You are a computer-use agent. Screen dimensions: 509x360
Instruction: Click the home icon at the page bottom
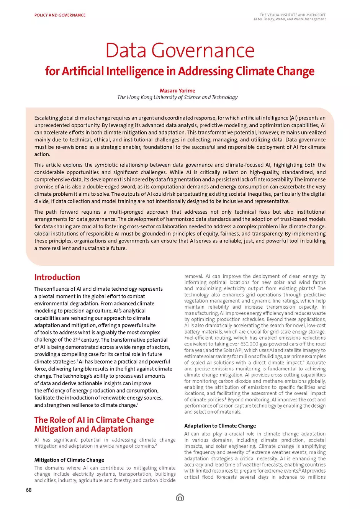[180, 497]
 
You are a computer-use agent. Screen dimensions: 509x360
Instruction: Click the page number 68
[29, 490]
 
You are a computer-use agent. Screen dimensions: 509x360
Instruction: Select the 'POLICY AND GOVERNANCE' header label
[60, 15]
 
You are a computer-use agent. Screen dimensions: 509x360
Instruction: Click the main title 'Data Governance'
[180, 50]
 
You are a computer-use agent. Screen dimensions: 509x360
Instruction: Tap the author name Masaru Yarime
[177, 91]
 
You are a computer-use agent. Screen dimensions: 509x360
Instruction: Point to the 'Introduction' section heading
[57, 277]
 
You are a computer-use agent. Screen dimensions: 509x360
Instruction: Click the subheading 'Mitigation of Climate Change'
[69, 460]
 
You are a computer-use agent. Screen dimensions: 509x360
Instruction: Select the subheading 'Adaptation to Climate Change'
[220, 426]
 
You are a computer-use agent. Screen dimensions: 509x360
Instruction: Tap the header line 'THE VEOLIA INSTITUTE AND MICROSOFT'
[293, 15]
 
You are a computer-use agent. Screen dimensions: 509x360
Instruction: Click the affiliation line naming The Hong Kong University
[177, 97]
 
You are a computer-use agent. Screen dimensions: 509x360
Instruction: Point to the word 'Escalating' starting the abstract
[46, 118]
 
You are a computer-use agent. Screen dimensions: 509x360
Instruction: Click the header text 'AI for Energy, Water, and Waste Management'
[290, 19]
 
